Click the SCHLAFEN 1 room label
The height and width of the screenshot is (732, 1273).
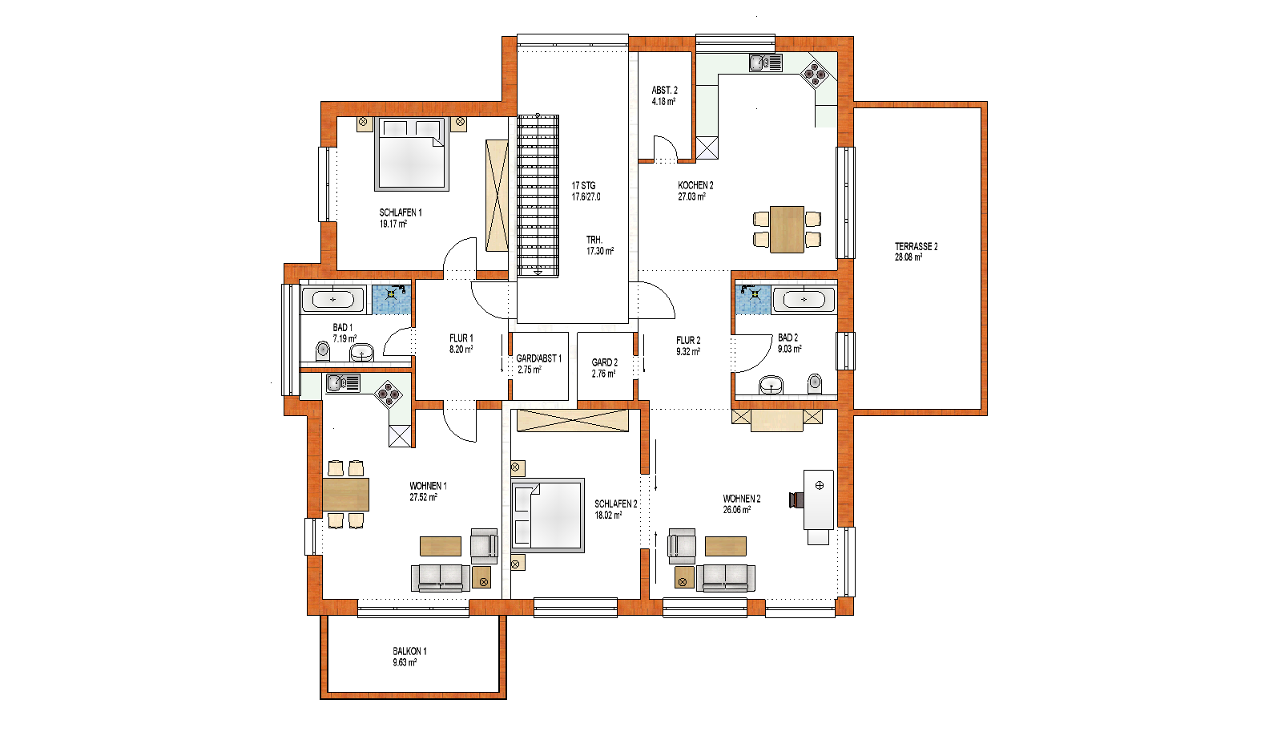tap(401, 212)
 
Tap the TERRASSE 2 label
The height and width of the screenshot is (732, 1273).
tap(916, 246)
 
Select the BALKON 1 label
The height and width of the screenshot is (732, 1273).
tap(409, 651)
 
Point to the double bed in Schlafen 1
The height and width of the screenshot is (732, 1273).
tap(412, 154)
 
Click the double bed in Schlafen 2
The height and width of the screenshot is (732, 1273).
tap(548, 516)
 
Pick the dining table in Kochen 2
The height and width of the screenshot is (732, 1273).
tap(787, 229)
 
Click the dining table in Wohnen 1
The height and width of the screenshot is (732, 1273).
tap(345, 494)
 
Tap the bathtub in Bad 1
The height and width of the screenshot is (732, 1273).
tap(333, 300)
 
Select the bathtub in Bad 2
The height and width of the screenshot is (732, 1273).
tap(804, 300)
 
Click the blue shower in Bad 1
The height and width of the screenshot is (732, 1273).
tap(392, 300)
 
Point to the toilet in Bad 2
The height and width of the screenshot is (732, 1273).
tap(815, 384)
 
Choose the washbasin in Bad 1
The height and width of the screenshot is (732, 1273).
tap(361, 352)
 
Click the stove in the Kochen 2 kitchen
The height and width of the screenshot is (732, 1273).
tap(815, 74)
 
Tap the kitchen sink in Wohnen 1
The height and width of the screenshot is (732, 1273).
tap(343, 383)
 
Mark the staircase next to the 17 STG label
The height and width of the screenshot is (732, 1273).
tap(538, 196)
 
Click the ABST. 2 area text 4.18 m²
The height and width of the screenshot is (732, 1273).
tap(663, 101)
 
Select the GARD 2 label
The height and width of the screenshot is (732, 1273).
tap(605, 362)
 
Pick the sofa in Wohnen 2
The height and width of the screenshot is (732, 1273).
tap(727, 578)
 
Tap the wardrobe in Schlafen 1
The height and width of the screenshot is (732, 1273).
tap(497, 196)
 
